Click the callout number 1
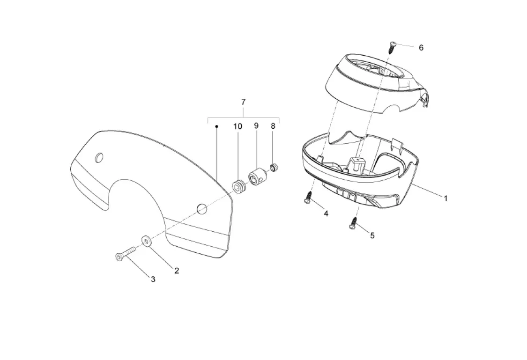(x=445, y=198)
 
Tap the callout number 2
(x=177, y=271)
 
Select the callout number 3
(x=153, y=279)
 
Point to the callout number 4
(x=326, y=213)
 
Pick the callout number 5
(x=372, y=235)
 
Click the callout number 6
(x=421, y=48)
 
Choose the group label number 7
(x=243, y=102)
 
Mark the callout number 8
(x=273, y=126)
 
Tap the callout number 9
(x=256, y=126)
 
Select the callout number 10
(x=238, y=126)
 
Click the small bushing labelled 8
(x=275, y=166)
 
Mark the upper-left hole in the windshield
(x=99, y=158)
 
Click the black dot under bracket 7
(x=217, y=126)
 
